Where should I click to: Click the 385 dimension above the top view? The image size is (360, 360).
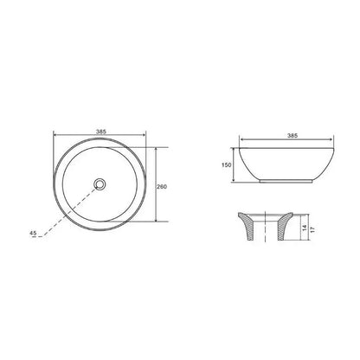pos(101,132)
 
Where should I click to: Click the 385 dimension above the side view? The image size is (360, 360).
pos(292,136)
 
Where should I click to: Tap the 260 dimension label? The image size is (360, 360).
pos(162,187)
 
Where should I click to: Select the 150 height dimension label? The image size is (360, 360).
pos(227,165)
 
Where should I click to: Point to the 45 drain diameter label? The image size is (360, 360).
pos(33,233)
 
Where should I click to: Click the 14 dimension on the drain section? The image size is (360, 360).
pos(305,228)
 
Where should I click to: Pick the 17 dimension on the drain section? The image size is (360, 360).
pos(313,229)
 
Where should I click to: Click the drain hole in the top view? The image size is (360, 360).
pos(100,183)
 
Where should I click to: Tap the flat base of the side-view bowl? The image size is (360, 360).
pos(286,182)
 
